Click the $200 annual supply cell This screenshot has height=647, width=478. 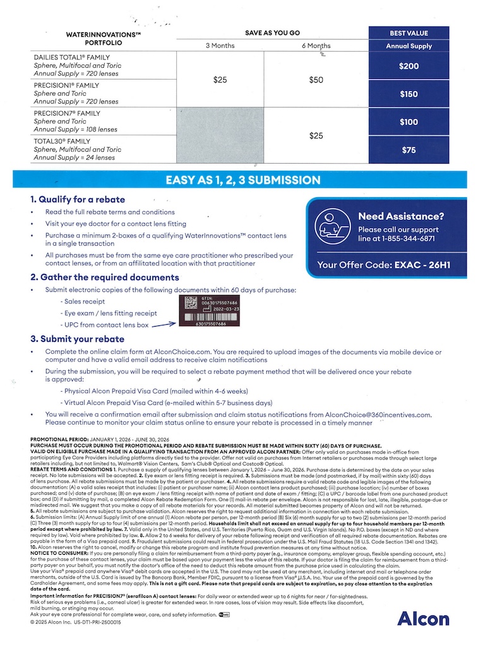[409, 66]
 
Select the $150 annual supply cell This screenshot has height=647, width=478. [409, 94]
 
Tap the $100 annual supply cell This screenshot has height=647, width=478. [409, 122]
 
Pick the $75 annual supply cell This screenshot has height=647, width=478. [409, 150]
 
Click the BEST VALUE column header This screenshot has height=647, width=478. [409, 33]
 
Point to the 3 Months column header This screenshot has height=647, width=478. [220, 45]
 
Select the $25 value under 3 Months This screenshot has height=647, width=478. [220, 80]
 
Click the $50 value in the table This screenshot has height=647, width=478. [316, 80]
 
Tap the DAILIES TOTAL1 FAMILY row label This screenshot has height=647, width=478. [72, 57]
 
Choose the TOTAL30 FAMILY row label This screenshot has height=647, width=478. [62, 142]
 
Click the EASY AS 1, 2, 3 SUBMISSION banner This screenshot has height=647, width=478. [242, 180]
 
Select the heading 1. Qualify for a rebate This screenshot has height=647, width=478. [78, 200]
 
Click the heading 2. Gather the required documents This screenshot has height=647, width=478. [105, 277]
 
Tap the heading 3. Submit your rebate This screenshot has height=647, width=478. [78, 339]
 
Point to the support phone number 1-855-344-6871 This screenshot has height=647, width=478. [409, 239]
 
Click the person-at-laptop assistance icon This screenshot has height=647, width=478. [333, 226]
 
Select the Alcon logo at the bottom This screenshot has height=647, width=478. [422, 619]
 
